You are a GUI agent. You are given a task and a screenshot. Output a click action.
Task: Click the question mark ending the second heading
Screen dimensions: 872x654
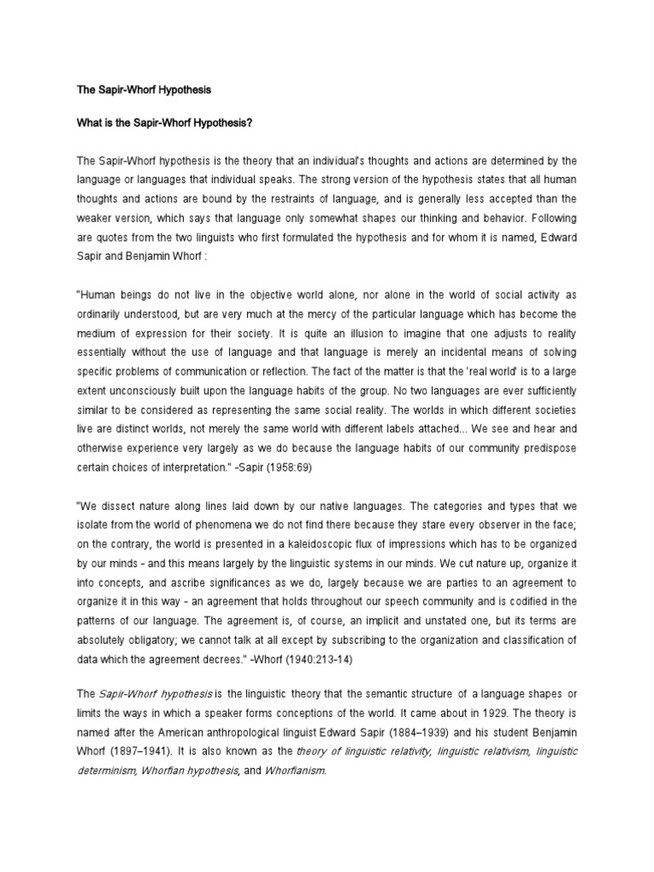tap(252, 123)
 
